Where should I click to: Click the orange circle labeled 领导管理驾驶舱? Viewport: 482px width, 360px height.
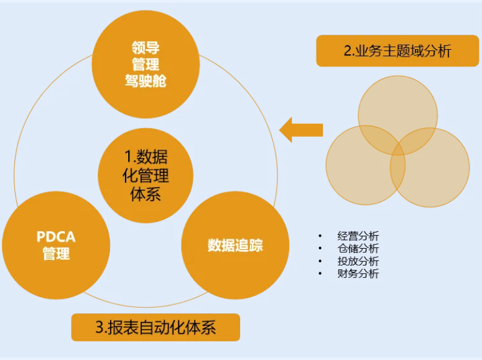(x=146, y=63)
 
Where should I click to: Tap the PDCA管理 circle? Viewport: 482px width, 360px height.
(x=56, y=245)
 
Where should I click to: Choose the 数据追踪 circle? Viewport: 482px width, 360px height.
(x=235, y=245)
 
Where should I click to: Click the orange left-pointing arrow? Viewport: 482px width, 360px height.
(x=301, y=130)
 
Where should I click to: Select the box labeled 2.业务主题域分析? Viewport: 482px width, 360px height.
(x=397, y=51)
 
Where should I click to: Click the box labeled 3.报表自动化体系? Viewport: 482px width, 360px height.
(x=155, y=328)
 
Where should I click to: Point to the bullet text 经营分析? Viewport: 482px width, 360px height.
(x=358, y=236)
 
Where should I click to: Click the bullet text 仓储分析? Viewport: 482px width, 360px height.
(x=358, y=249)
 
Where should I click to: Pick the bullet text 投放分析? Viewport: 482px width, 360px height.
(x=358, y=261)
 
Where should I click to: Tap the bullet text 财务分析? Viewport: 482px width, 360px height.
(x=358, y=274)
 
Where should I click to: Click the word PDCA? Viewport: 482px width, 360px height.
(x=57, y=237)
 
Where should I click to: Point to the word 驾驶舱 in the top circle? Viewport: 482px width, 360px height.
(x=146, y=80)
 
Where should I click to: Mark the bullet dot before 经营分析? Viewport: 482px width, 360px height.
(x=320, y=236)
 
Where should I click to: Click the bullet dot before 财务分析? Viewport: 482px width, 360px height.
(x=320, y=274)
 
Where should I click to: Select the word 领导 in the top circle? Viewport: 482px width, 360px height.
(x=146, y=47)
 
